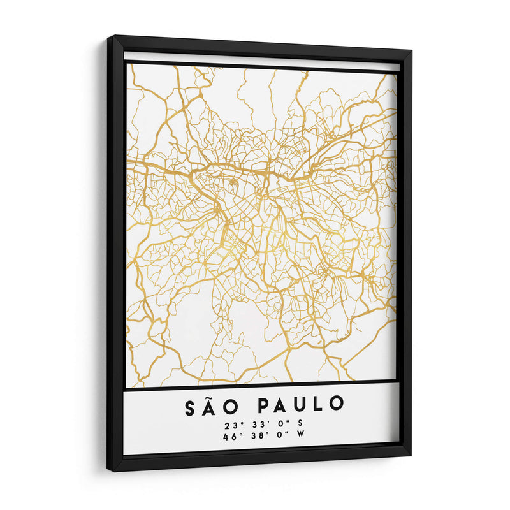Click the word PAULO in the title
(x=300, y=404)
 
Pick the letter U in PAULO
(x=302, y=404)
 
